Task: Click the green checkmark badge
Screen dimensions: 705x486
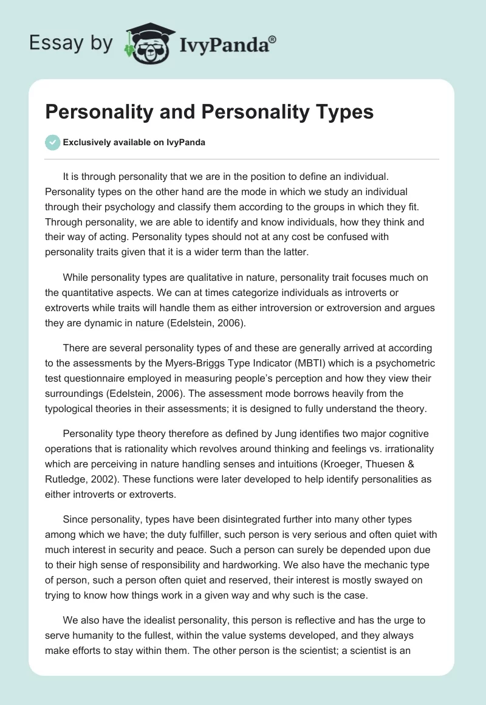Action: (x=52, y=142)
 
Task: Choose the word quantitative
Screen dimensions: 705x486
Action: (x=92, y=292)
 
